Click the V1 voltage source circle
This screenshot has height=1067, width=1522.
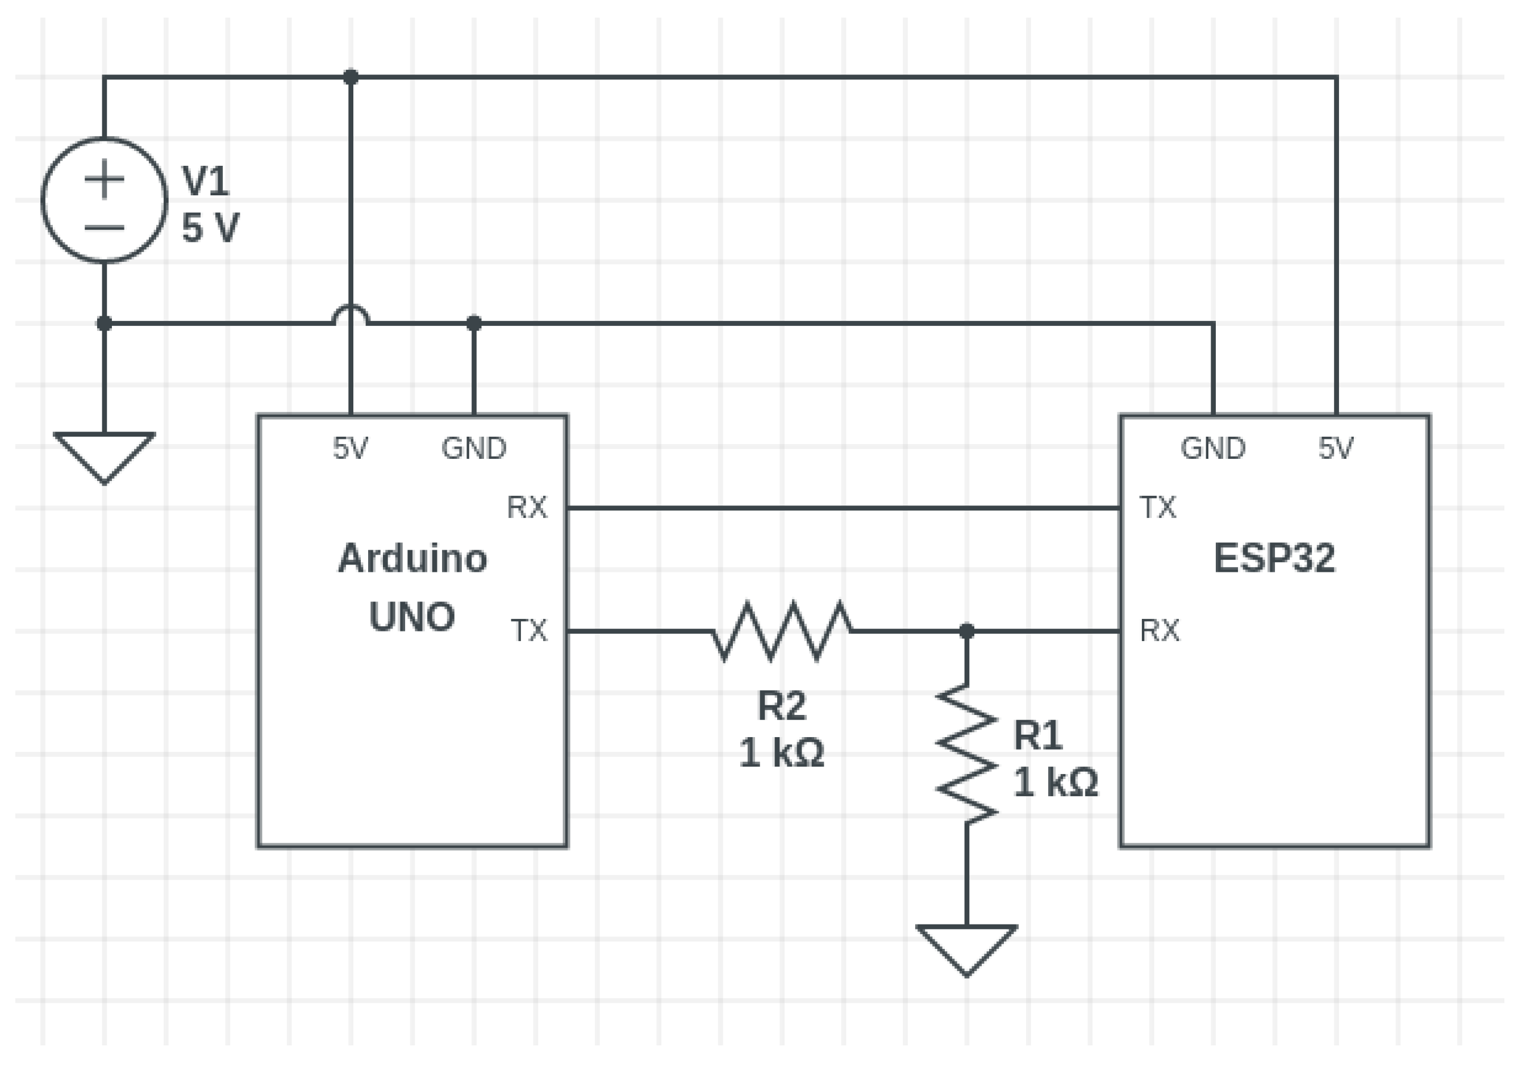104,200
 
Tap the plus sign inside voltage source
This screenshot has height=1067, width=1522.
104,179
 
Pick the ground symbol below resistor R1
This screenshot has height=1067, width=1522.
966,949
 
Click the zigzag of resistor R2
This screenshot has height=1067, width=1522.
782,631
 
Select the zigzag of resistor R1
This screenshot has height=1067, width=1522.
966,755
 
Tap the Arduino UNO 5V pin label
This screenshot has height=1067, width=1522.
350,449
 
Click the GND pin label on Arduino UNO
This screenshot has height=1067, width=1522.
474,449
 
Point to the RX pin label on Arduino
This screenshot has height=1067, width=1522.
527,508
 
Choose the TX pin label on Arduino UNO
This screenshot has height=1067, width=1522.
529,630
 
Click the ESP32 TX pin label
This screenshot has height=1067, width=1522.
1158,508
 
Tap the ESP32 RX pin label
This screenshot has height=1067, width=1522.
1160,630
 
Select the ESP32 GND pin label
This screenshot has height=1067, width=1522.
1213,449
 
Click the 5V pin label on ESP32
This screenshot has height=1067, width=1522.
1336,449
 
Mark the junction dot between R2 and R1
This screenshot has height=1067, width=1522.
966,631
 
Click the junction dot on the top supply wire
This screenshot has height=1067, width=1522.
351,77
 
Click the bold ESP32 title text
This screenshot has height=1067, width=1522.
1274,558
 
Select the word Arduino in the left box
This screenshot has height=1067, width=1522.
412,558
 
